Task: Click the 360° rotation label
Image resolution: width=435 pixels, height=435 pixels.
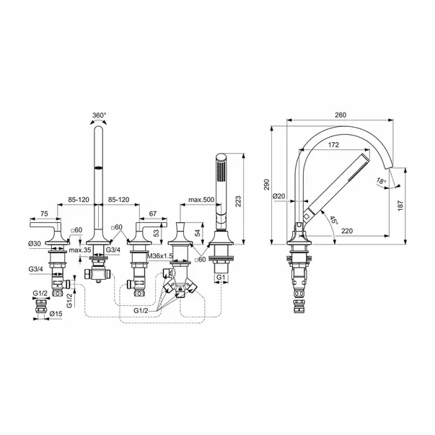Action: tap(100, 115)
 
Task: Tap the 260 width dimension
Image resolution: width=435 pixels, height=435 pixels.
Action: tap(340, 115)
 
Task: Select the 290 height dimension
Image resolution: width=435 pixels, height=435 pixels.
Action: tap(267, 185)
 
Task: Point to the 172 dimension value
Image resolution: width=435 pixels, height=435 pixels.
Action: tap(333, 145)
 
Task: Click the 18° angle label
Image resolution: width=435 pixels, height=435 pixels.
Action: tap(381, 181)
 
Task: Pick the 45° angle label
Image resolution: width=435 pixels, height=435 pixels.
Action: tap(334, 220)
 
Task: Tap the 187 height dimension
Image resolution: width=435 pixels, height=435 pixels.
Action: tap(400, 206)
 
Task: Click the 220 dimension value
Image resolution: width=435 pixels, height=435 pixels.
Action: tap(347, 231)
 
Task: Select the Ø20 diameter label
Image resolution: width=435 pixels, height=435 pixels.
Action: tap(278, 196)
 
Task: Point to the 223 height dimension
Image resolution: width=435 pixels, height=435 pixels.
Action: tap(238, 201)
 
